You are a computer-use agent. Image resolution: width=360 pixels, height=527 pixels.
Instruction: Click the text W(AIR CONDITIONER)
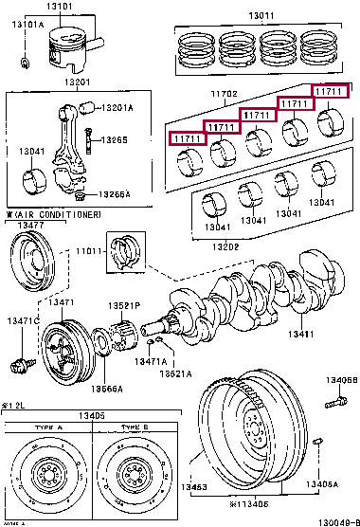pyautogui.click(x=53, y=216)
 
